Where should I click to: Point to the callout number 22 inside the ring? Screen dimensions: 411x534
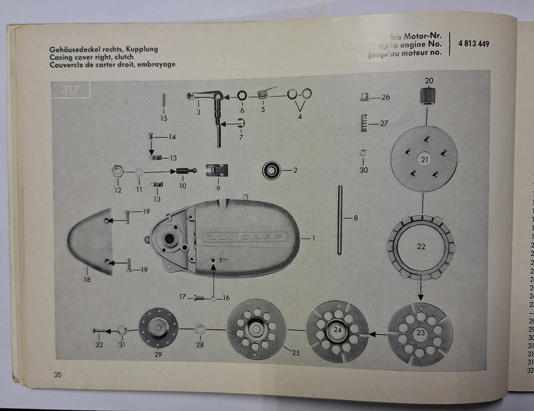pyautogui.click(x=420, y=245)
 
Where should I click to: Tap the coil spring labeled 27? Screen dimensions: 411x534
pyautogui.click(x=365, y=124)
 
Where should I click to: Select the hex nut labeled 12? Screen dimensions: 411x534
pyautogui.click(x=118, y=170)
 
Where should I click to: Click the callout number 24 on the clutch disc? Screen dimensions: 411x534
pyautogui.click(x=338, y=330)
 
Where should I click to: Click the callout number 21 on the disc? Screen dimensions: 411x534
pyautogui.click(x=424, y=160)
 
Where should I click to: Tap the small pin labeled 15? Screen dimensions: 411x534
pyautogui.click(x=164, y=101)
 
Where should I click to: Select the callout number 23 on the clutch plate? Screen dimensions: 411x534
pyautogui.click(x=419, y=332)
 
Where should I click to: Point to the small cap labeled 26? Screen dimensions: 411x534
pyautogui.click(x=366, y=97)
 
